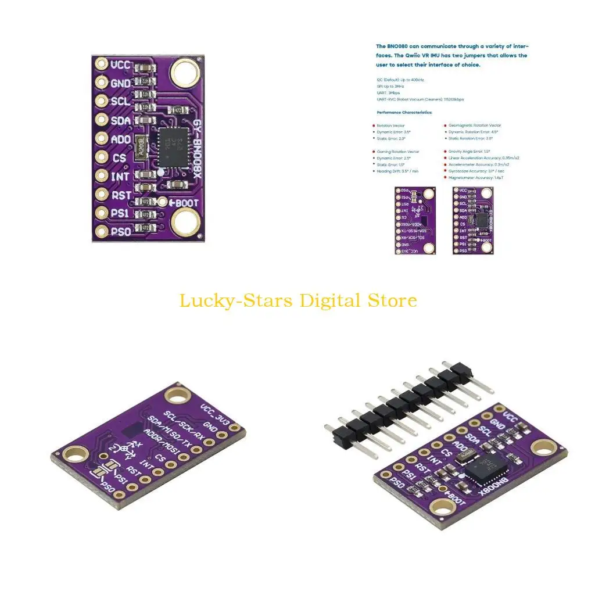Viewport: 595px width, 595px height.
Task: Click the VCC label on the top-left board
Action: (x=121, y=64)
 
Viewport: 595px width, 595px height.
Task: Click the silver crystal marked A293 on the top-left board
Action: (x=139, y=146)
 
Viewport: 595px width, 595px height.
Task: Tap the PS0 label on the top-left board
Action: (x=121, y=232)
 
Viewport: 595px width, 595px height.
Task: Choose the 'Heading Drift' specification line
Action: (x=398, y=171)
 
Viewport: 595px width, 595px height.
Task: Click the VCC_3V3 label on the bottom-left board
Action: (x=210, y=411)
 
